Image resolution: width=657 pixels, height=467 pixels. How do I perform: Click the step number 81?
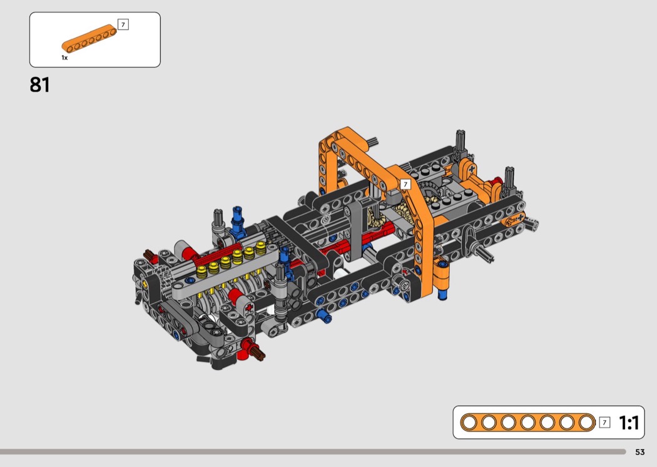pos(40,85)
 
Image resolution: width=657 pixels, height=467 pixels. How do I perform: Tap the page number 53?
pos(640,452)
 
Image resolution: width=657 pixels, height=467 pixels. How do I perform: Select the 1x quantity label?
pos(64,58)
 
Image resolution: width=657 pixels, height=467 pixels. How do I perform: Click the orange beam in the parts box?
pos(89,39)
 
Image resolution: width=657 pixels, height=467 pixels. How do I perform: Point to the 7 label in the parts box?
pos(123,25)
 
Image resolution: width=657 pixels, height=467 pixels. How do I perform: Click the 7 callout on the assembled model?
pos(405,185)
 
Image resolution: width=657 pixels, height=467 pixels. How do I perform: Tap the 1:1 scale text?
pos(629,423)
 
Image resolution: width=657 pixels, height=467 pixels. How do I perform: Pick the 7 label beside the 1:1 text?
pos(604,423)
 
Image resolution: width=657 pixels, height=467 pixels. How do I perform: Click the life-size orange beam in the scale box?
pos(528,422)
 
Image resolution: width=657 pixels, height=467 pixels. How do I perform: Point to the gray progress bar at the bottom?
pos(313,452)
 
